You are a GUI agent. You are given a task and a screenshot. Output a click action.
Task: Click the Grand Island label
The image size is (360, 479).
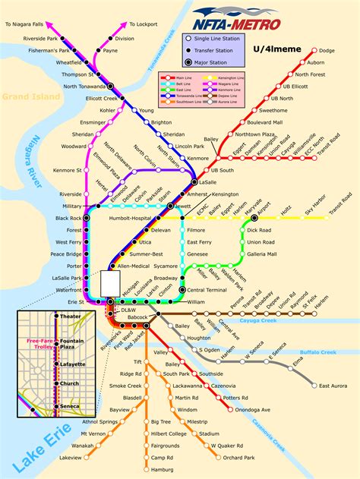pyautogui.click(x=26, y=96)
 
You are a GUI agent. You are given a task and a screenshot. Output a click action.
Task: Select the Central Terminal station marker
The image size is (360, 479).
pyautogui.click(x=182, y=290)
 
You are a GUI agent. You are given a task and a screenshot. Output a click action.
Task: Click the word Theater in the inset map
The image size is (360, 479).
pyautogui.click(x=70, y=317)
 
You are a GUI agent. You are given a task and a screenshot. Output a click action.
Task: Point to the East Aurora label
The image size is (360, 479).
pyautogui.click(x=331, y=386)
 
